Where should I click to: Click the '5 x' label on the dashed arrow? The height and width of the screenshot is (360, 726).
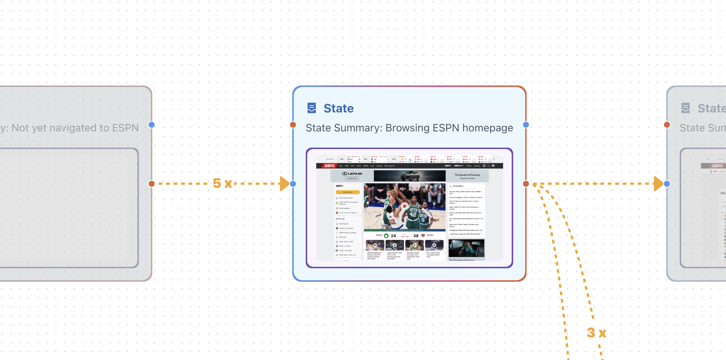[x=222, y=183]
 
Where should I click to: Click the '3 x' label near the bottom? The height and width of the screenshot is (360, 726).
[x=596, y=333]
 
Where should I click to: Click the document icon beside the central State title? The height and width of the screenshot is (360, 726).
[x=311, y=108]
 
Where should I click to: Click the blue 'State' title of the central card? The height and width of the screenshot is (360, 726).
[x=338, y=108]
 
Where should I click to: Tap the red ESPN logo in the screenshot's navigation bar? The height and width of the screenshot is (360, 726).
[x=329, y=166]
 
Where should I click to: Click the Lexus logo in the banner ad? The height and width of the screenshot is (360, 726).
[x=352, y=174]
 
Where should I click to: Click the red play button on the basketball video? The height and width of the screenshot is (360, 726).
[x=404, y=206]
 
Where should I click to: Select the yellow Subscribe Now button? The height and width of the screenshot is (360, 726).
[x=348, y=192]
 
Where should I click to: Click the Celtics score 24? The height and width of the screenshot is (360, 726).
[x=393, y=236]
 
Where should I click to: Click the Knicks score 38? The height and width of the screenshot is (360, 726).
[x=416, y=236]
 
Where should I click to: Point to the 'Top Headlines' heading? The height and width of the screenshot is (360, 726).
[x=458, y=186]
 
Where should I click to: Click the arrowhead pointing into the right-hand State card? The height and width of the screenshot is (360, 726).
[x=658, y=184]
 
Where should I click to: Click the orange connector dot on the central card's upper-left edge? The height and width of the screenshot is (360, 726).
[x=293, y=125]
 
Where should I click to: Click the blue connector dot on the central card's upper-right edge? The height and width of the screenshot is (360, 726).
[x=526, y=125]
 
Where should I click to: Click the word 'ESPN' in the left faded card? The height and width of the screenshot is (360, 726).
[x=125, y=128]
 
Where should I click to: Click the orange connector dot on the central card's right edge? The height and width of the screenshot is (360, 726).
[x=526, y=184]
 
